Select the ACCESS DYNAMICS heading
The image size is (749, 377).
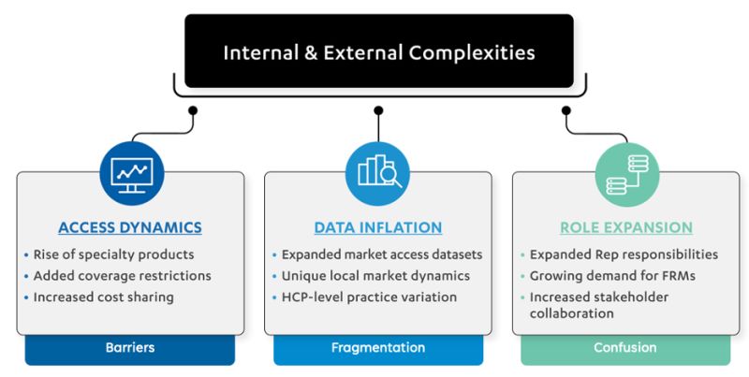[x=130, y=227]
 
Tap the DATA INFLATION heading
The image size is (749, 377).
[x=377, y=227]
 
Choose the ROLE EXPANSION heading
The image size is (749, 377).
[x=625, y=227]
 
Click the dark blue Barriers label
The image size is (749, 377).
[x=130, y=348]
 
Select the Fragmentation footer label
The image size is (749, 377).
[x=378, y=348]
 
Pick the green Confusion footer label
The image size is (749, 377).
[x=625, y=348]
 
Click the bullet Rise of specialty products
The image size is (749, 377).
[x=113, y=254]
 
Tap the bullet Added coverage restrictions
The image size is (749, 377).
[x=122, y=276]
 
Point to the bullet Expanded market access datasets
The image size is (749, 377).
[x=382, y=254]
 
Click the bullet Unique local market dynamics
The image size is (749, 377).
[x=375, y=276]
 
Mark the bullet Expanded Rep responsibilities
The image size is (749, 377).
[x=624, y=254]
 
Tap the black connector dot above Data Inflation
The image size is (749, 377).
[x=378, y=110]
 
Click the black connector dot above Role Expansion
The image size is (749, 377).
[x=566, y=110]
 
